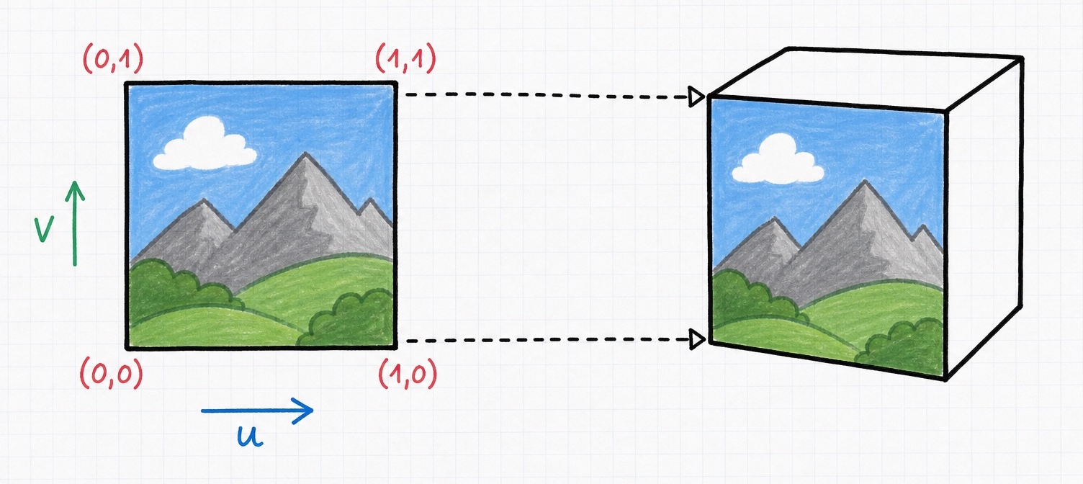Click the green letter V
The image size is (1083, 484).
pos(43,229)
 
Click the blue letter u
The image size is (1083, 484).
pos(250,436)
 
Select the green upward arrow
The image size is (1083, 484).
pos(75,223)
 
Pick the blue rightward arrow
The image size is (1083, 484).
pos(257,411)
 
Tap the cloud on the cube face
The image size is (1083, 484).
pos(778,160)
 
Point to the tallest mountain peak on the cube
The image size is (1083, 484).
pos(865,181)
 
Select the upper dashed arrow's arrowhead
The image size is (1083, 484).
pos(697,97)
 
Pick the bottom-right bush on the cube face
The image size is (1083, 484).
pos(902,345)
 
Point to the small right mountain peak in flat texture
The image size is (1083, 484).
pos(370,199)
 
